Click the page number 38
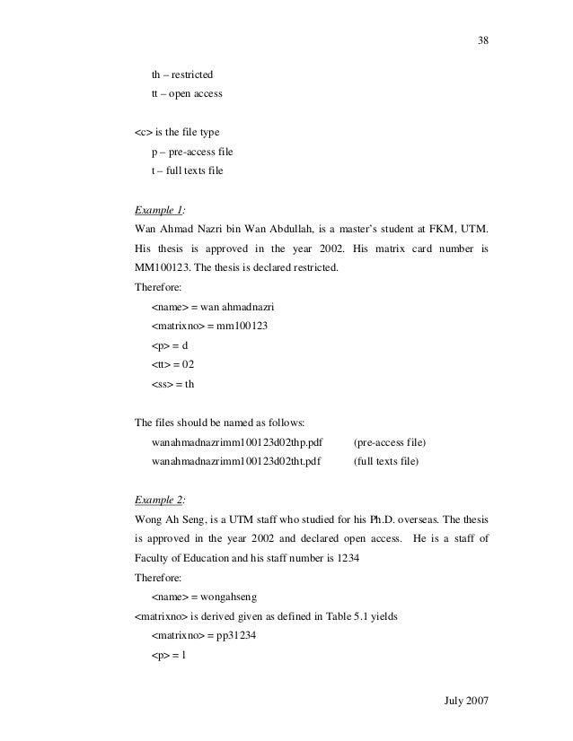[484, 41]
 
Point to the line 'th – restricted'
[182, 73]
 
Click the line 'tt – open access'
[187, 93]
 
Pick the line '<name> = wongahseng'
[203, 596]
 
